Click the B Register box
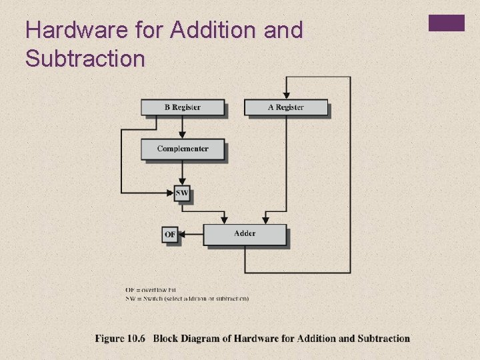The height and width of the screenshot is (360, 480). tap(182, 107)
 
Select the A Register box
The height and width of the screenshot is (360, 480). tap(286, 107)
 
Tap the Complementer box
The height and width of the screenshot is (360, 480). tap(182, 149)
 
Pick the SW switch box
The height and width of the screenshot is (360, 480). tap(182, 193)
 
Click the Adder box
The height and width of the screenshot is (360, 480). tap(245, 234)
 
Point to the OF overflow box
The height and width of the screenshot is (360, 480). tap(171, 235)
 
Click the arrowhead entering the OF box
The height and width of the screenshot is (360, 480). tap(183, 234)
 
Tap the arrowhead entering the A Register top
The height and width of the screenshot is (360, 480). tap(286, 95)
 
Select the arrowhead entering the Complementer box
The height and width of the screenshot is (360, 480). tap(182, 135)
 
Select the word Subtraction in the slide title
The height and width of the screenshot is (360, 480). tap(85, 59)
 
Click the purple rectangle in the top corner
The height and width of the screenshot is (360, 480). tap(446, 23)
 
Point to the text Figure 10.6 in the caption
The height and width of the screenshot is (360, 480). tap(120, 339)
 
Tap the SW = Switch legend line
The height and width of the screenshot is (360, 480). tap(187, 299)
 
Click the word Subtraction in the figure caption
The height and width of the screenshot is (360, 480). tap(383, 339)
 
